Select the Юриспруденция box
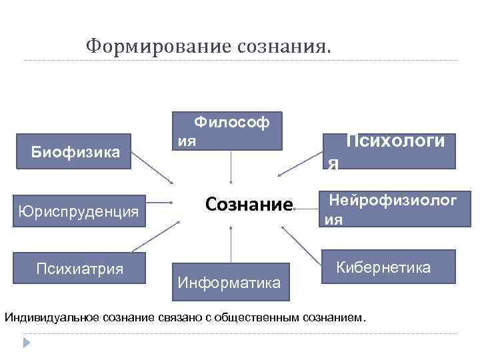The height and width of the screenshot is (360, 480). tap(78, 211)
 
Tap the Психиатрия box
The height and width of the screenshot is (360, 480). tap(80, 269)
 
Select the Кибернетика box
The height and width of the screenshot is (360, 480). tap(389, 267)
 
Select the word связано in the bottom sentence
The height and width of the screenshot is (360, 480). tap(183, 315)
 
